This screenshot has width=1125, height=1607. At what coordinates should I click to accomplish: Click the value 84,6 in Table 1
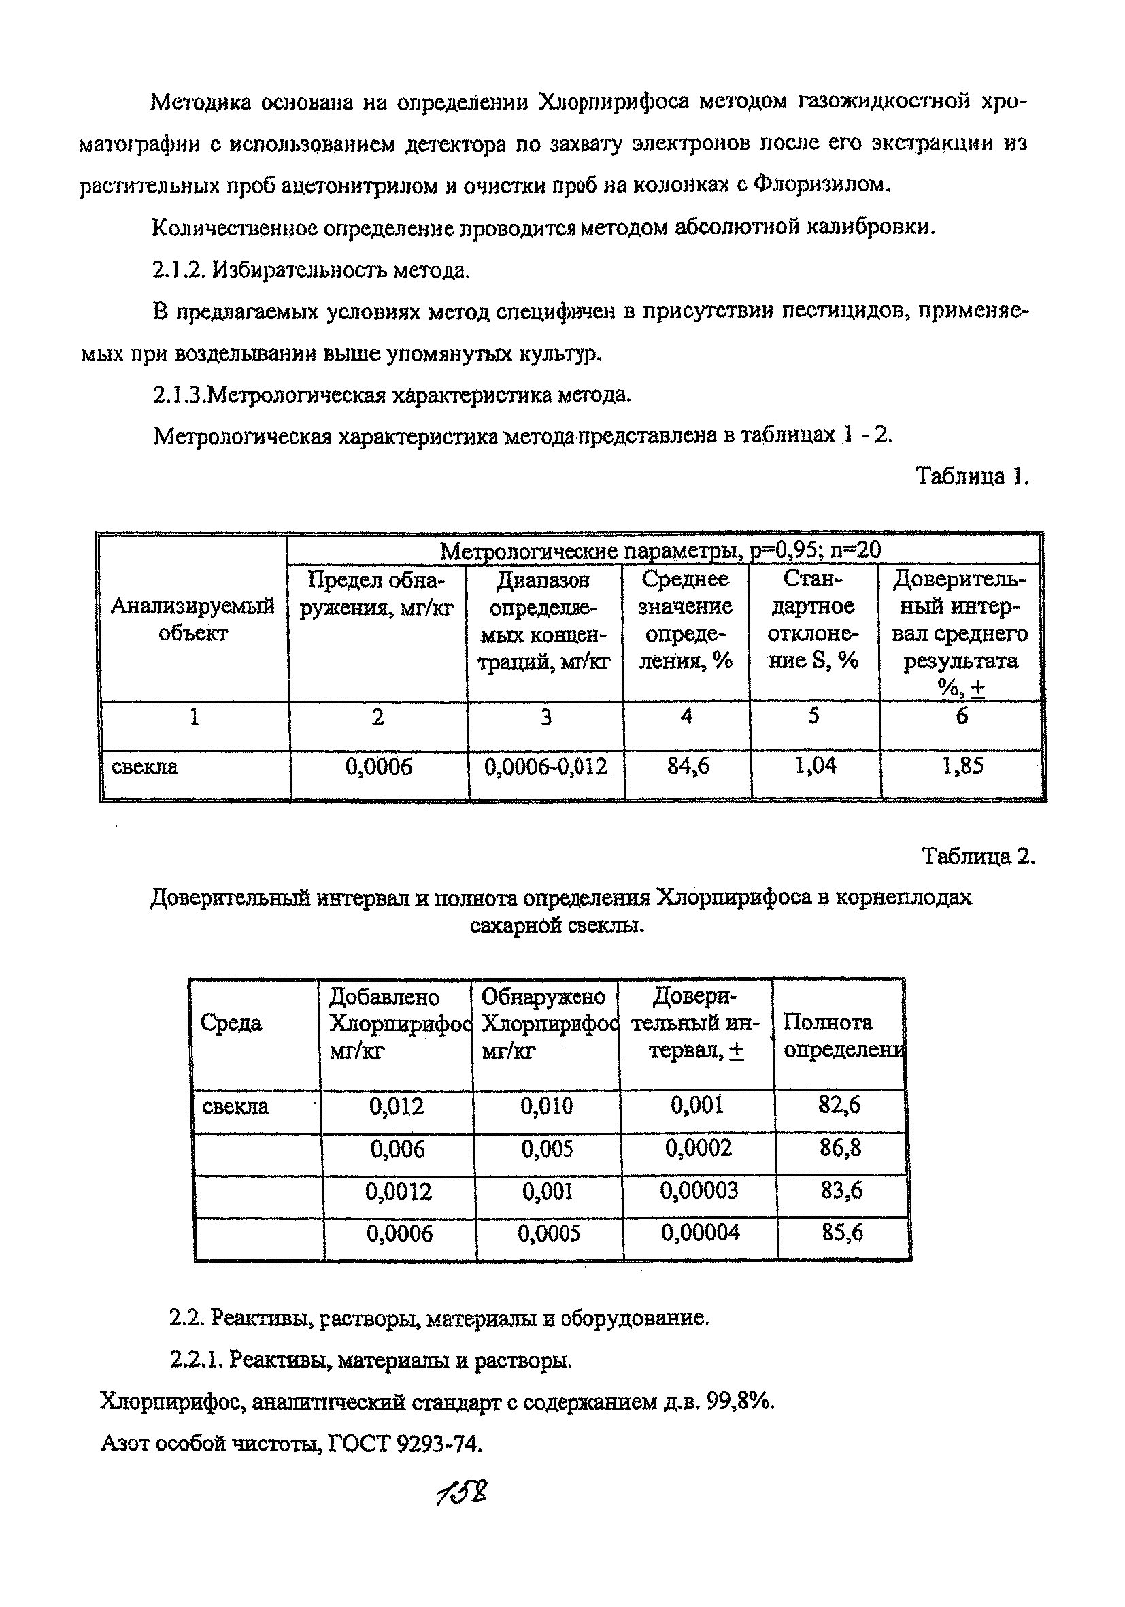pos(687,766)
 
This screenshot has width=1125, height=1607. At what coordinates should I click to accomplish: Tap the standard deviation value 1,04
pos(814,765)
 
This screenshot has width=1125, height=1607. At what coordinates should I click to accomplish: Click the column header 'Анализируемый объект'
pos(192,619)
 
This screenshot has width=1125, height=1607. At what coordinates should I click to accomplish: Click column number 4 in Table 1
pos(686,716)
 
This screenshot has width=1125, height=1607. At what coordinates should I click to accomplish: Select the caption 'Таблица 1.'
pos(972,477)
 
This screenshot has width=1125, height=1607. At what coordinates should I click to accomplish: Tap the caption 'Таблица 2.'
pos(977,856)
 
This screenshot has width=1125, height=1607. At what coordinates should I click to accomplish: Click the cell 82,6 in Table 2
pos(839,1106)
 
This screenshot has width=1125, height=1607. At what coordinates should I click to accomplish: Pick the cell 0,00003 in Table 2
pos(699,1191)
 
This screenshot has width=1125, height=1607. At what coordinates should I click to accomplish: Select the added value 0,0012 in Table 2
pos(398,1191)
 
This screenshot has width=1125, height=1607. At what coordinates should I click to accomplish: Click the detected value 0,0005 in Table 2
pos(548,1233)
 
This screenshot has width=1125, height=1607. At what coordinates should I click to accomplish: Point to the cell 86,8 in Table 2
pos(840,1148)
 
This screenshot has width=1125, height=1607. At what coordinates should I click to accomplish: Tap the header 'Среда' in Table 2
pos(231,1023)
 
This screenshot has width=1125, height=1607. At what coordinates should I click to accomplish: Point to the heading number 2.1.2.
pos(178,269)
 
